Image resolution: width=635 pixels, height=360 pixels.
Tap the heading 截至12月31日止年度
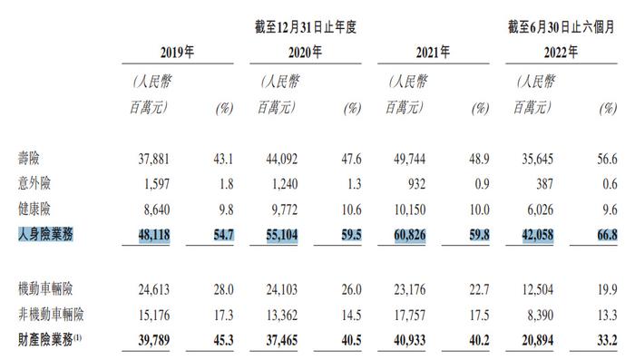point(307,27)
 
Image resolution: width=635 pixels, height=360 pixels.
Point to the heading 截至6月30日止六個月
point(561,27)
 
